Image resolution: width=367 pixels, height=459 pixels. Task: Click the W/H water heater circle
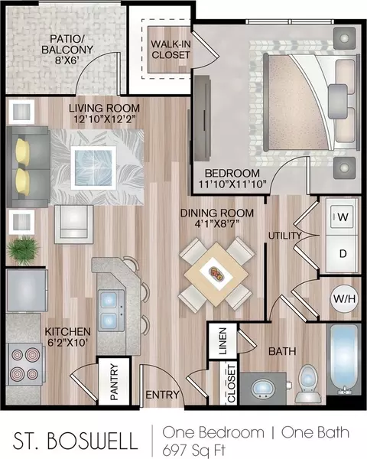tap(345, 298)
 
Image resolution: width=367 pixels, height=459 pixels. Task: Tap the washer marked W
tap(342, 216)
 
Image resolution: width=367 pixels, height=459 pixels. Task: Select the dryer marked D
tap(342, 254)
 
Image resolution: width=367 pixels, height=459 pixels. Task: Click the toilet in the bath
tap(308, 383)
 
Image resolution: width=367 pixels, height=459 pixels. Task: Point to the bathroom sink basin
tap(263, 388)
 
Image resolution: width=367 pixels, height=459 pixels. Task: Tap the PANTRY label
tap(114, 382)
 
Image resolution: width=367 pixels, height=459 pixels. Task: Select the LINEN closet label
tap(222, 341)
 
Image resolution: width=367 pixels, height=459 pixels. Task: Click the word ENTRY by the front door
tap(162, 395)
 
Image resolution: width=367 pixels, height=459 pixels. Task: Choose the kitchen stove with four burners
tap(24, 363)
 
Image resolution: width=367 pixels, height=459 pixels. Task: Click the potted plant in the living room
tap(23, 250)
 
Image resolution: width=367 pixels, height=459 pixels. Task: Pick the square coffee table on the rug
tap(93, 168)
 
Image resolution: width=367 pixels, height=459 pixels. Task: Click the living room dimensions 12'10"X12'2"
tap(104, 119)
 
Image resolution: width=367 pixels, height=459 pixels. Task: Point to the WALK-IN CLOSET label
tap(171, 49)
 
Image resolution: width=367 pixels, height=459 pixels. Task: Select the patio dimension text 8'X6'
tap(67, 60)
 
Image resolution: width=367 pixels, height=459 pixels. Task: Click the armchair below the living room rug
tap(73, 224)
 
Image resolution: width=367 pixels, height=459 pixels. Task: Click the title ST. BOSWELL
tap(75, 441)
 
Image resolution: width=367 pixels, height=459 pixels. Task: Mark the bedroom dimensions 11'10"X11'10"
tap(232, 184)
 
